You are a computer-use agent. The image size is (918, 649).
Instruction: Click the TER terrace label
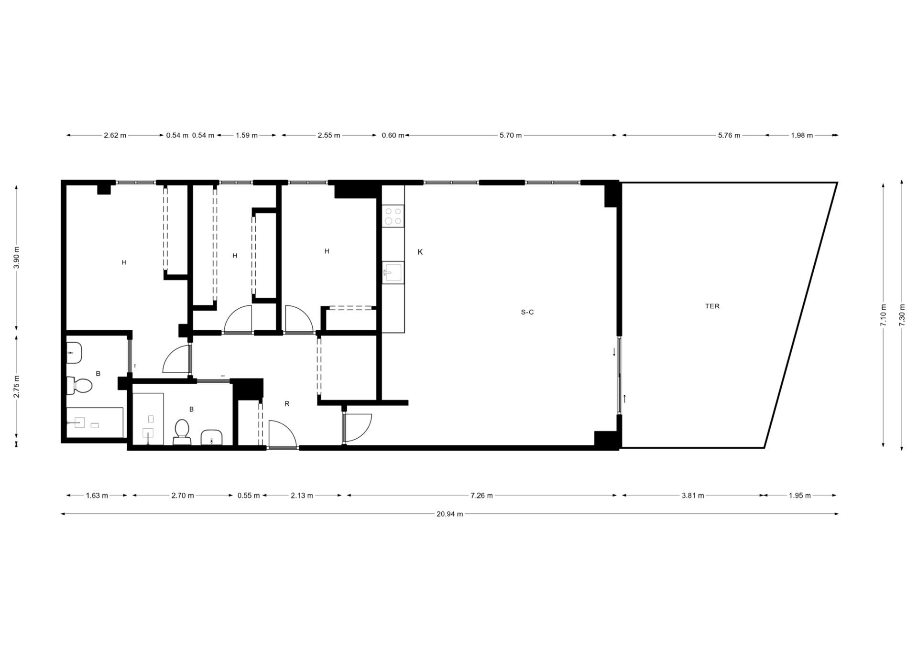pyautogui.click(x=712, y=306)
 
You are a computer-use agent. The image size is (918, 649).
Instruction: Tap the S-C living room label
pyautogui.click(x=527, y=312)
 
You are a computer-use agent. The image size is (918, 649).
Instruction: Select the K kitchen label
pyautogui.click(x=420, y=252)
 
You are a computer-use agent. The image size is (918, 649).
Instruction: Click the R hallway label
pyautogui.click(x=287, y=404)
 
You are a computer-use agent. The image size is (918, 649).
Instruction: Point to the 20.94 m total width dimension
pyautogui.click(x=449, y=514)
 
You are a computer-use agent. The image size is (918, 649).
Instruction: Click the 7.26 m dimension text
pyautogui.click(x=481, y=496)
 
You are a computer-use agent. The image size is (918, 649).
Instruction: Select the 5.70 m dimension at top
pyautogui.click(x=510, y=135)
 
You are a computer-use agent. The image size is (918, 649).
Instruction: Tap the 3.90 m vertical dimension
pyautogui.click(x=17, y=258)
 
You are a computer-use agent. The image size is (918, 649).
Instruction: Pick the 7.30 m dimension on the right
pyautogui.click(x=902, y=315)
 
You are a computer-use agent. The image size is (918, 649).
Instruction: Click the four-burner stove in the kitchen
pyautogui.click(x=393, y=216)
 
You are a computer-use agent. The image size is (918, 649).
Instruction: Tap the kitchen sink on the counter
pyautogui.click(x=393, y=272)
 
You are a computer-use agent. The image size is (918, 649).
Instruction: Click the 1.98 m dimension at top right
pyautogui.click(x=802, y=135)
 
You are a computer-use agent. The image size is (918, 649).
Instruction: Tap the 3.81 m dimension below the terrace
pyautogui.click(x=693, y=496)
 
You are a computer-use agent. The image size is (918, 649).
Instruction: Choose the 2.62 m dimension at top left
pyautogui.click(x=115, y=135)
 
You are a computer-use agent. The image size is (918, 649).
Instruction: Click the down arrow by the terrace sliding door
pyautogui.click(x=614, y=352)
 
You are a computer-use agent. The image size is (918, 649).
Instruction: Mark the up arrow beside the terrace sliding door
pyautogui.click(x=624, y=398)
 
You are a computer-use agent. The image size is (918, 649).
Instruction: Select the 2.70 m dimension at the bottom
pyautogui.click(x=183, y=496)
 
